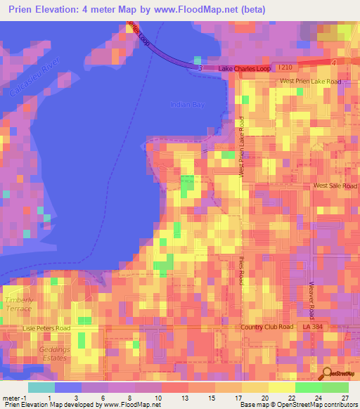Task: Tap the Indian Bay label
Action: [x=185, y=105]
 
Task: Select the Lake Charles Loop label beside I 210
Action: [x=244, y=68]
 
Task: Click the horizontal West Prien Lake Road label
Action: [x=310, y=82]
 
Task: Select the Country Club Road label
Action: [x=266, y=327]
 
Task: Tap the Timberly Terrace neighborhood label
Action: [x=19, y=304]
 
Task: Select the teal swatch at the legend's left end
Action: [x=41, y=387]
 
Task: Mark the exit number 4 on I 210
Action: [x=333, y=63]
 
